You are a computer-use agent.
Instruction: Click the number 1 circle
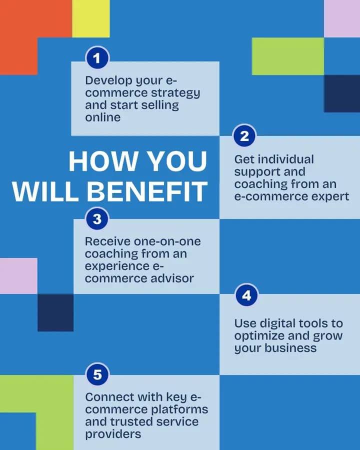[97, 58]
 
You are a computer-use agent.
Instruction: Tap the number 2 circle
[244, 135]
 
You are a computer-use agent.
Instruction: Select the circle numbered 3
[97, 219]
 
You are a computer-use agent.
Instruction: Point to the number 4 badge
[246, 295]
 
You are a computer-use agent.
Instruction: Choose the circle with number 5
[97, 374]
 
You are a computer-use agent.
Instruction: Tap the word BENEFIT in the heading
[147, 191]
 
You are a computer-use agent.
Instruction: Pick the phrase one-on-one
[167, 241]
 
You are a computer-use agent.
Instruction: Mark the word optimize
[259, 336]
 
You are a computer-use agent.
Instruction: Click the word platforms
[179, 410]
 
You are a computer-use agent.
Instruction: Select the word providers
[113, 434]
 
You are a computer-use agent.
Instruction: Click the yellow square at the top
[90, 18]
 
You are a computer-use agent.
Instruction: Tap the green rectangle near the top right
[288, 56]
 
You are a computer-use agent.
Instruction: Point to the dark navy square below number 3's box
[55, 312]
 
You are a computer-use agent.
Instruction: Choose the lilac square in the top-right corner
[342, 18]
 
